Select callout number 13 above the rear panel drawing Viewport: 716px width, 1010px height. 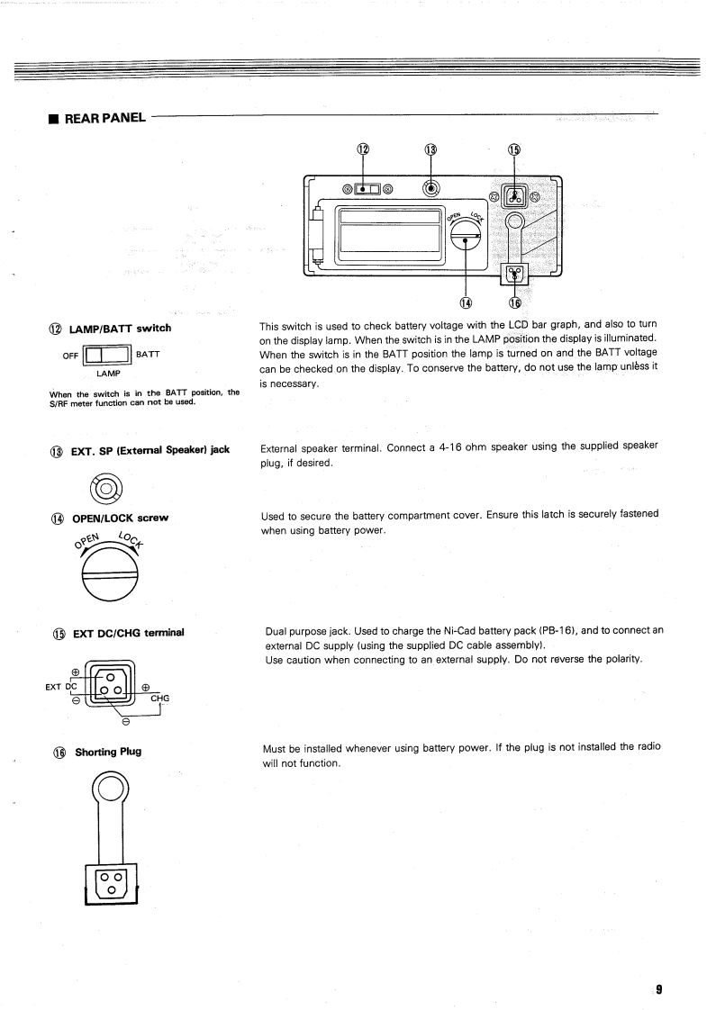click(431, 149)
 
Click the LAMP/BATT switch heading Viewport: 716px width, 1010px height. click(119, 327)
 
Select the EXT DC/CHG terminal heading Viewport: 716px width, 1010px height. click(130, 632)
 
